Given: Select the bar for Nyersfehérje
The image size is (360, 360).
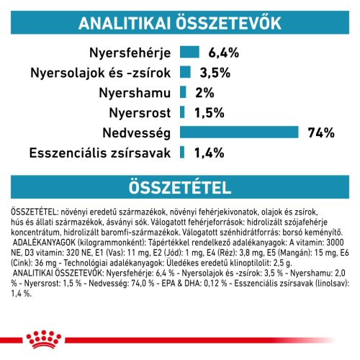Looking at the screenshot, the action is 189,52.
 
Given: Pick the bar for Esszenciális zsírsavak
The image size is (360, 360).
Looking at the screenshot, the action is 183,152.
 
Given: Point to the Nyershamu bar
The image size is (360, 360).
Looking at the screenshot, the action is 184,91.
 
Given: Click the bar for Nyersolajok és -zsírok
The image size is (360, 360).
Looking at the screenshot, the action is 185,72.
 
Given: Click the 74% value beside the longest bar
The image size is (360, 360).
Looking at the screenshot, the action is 300,132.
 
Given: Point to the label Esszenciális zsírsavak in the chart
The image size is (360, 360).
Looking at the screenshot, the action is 99,152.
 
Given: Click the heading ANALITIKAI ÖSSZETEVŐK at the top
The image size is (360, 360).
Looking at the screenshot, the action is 180,22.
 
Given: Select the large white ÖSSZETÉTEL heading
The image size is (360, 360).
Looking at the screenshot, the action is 180,188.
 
